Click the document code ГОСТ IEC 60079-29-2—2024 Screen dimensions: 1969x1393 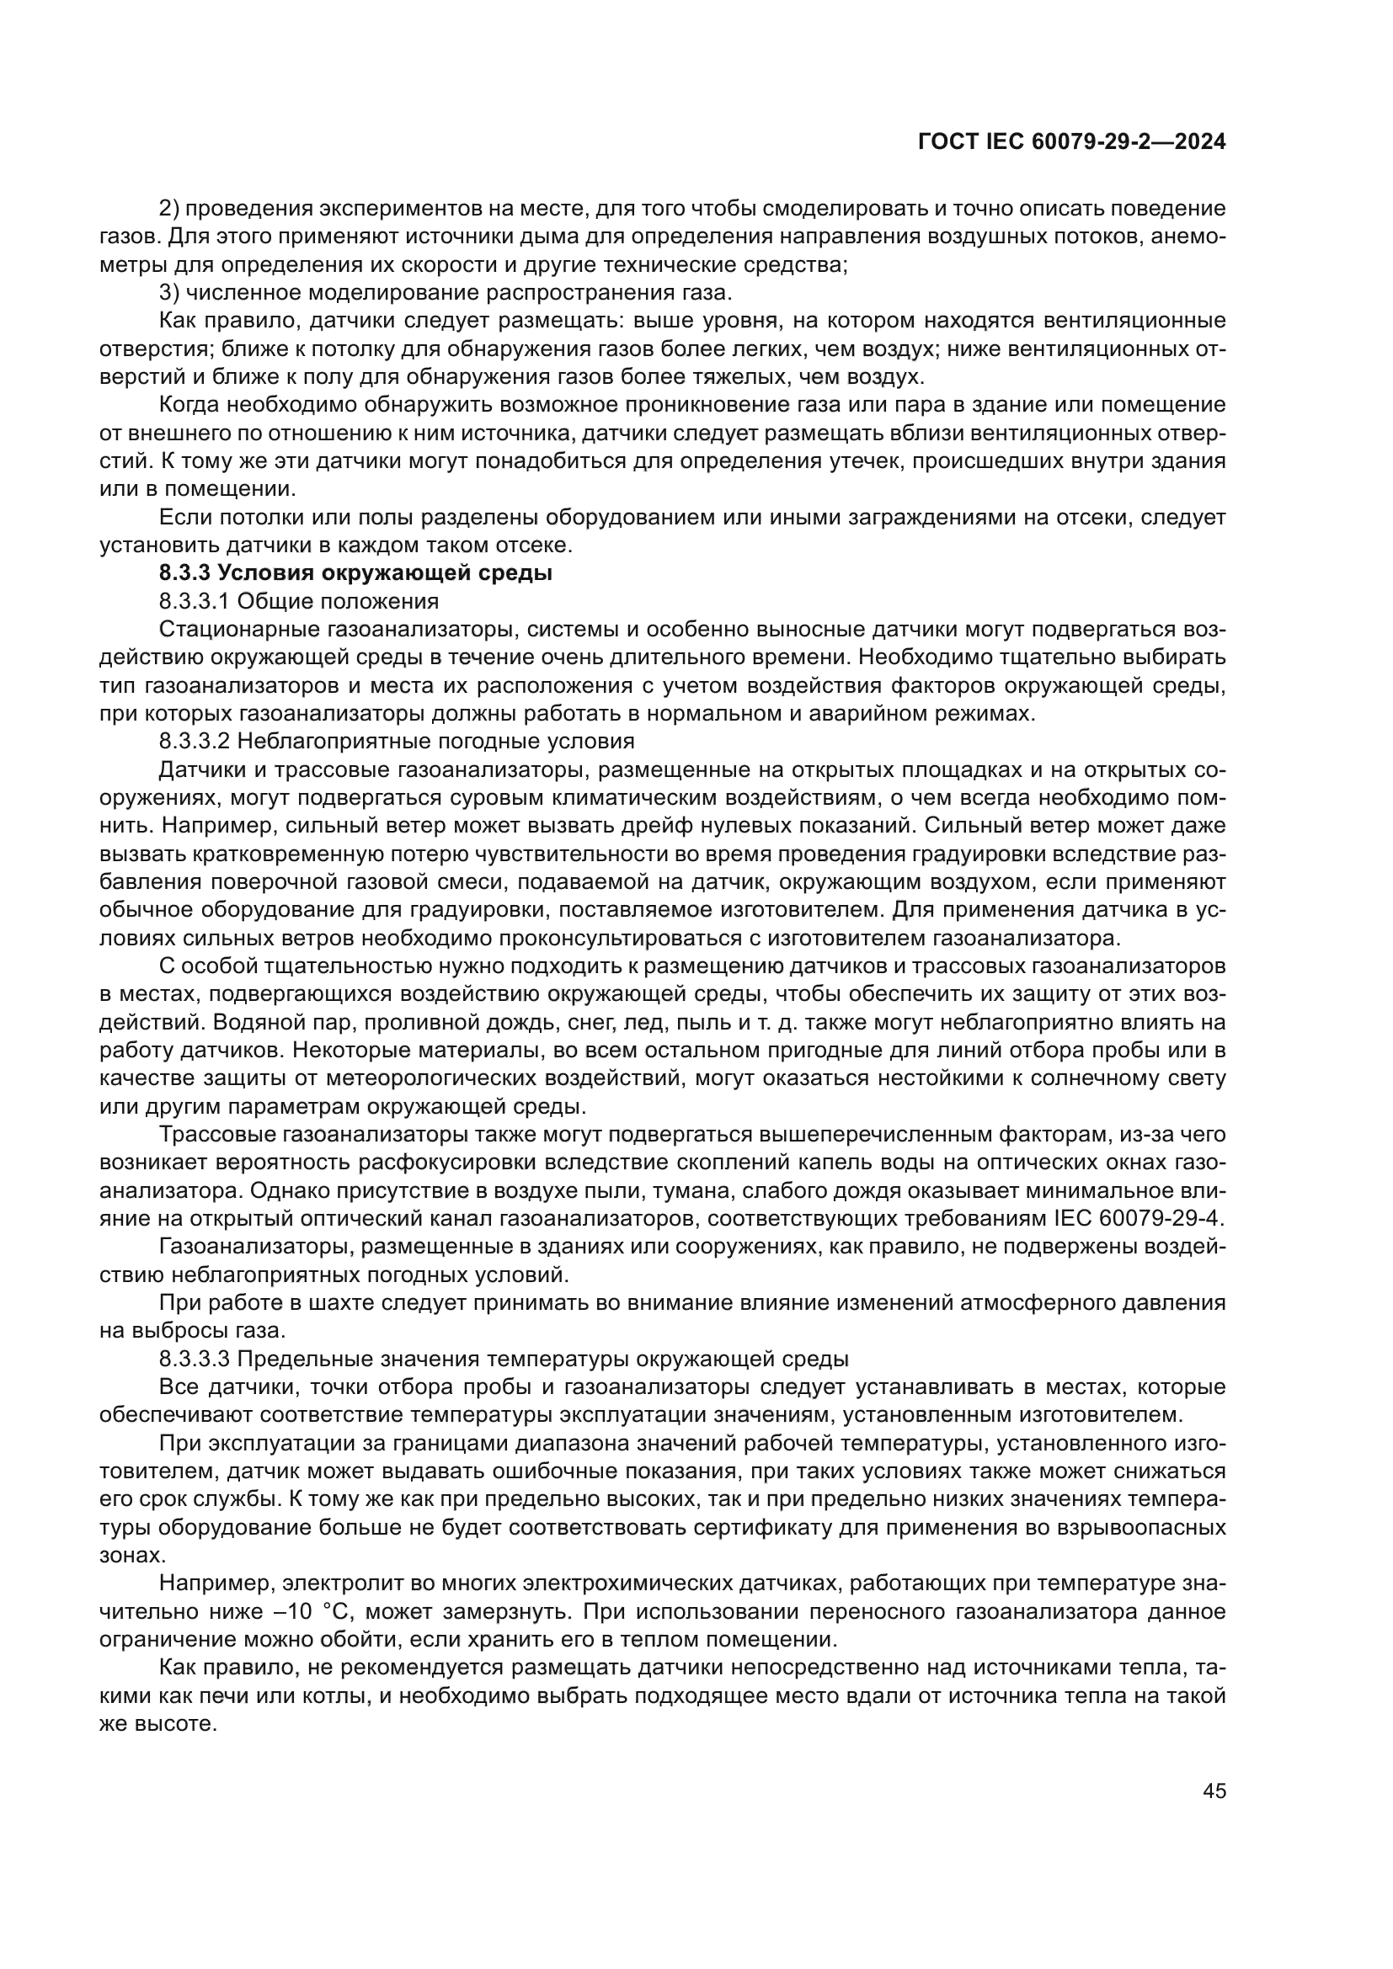click(x=1071, y=142)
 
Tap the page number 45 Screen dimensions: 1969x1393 click(x=1214, y=1791)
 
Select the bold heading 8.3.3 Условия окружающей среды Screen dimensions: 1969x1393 click(x=355, y=573)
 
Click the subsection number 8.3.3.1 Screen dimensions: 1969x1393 click(x=194, y=601)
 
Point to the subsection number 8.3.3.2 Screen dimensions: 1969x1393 click(x=194, y=741)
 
